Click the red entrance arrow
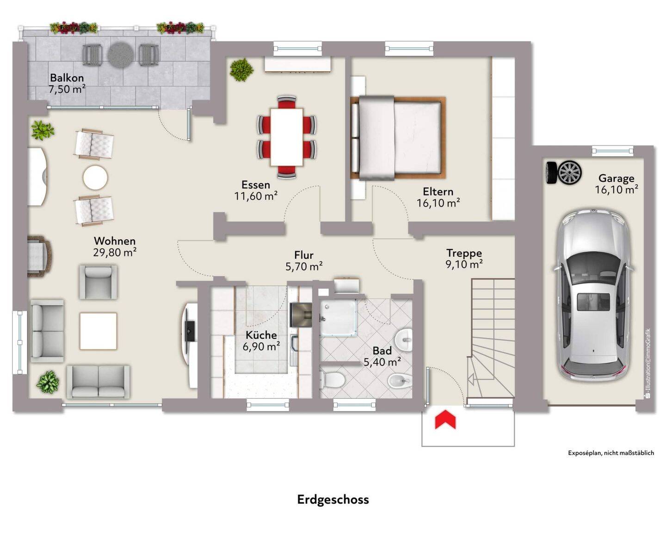click(445, 420)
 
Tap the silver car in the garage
click(593, 295)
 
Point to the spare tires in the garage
click(564, 173)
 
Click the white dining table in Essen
click(287, 137)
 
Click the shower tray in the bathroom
click(338, 317)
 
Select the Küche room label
click(261, 335)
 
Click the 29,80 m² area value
click(115, 253)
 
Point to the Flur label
click(304, 255)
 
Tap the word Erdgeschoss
click(333, 500)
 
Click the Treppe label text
click(464, 253)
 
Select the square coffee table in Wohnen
click(98, 331)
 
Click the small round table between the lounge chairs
click(95, 177)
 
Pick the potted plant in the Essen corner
click(242, 69)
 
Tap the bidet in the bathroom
click(399, 380)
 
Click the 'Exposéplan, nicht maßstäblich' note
click(611, 453)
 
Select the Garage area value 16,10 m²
click(616, 190)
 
